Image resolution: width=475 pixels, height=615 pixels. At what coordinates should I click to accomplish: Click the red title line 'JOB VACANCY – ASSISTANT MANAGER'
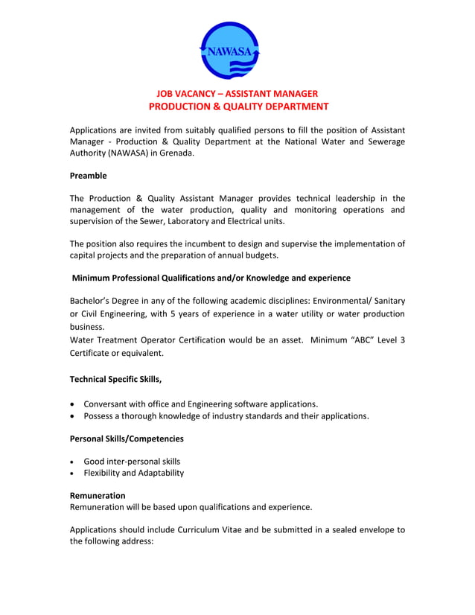click(x=237, y=93)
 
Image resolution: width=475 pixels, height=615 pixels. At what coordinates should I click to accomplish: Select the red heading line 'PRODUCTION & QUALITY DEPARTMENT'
click(x=237, y=106)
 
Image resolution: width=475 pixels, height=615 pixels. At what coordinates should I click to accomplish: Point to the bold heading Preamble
click(x=88, y=176)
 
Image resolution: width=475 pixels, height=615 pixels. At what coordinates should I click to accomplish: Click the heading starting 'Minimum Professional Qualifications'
click(x=211, y=278)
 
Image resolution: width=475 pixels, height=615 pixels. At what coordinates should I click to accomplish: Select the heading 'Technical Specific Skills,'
click(x=115, y=379)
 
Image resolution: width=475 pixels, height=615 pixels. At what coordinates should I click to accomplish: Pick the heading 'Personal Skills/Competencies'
click(x=126, y=439)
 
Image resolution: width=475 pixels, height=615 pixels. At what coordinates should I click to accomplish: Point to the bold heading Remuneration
click(x=97, y=495)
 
